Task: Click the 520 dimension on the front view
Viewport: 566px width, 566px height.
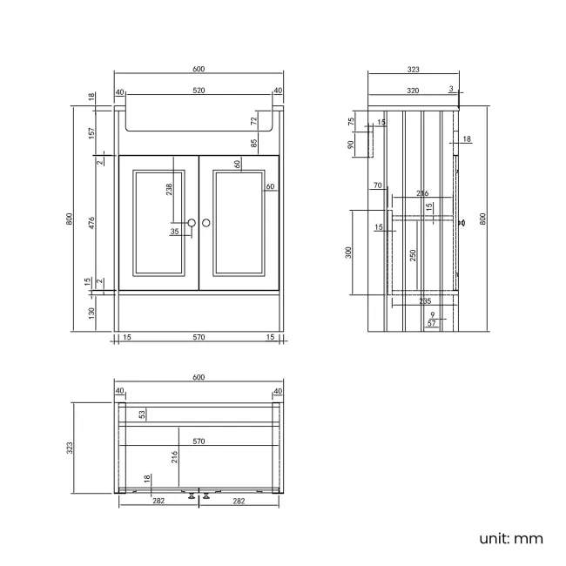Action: click(x=199, y=91)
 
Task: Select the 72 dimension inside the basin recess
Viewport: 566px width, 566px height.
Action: click(x=254, y=120)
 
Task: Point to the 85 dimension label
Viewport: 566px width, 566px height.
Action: click(x=254, y=143)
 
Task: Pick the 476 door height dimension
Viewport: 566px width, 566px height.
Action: click(x=91, y=223)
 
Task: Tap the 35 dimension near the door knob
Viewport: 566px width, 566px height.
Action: click(x=175, y=232)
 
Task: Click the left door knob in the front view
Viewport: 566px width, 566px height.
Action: click(x=191, y=224)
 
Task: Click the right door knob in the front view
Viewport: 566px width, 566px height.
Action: click(x=207, y=224)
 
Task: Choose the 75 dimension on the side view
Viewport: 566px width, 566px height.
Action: click(x=352, y=122)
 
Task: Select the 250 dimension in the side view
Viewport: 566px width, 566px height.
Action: click(x=414, y=255)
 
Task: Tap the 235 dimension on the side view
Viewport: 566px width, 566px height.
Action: click(x=425, y=300)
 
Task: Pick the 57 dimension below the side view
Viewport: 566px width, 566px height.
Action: click(x=432, y=323)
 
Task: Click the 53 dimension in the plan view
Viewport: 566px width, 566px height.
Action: click(x=143, y=415)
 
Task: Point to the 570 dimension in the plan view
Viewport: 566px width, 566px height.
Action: click(x=199, y=441)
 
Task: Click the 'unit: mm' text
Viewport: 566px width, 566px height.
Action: click(x=511, y=538)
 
